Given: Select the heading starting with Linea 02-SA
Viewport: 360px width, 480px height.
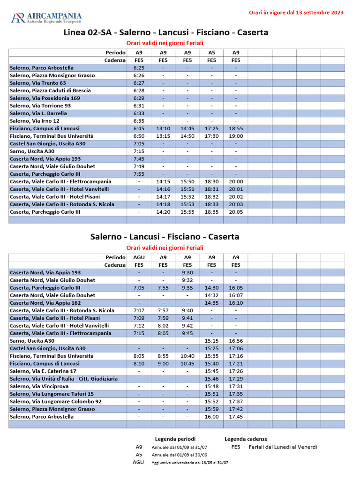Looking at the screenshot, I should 166,32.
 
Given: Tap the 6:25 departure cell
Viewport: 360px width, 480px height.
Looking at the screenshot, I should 139,68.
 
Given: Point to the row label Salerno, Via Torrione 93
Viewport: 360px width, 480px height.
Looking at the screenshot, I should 40,106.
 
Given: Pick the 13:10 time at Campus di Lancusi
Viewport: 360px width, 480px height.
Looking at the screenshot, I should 163,128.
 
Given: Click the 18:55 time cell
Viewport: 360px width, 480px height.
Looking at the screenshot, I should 236,128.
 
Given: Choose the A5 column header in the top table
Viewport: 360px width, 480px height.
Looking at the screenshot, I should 211,53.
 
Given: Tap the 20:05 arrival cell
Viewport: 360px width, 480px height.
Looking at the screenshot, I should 236,212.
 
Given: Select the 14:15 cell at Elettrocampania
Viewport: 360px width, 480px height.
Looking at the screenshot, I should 163,181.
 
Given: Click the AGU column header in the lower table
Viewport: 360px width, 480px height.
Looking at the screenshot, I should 139,257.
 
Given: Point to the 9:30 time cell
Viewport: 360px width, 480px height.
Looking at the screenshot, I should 187,272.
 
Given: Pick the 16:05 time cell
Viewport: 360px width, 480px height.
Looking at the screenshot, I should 236,288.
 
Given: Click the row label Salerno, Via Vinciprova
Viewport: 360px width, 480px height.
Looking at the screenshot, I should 36,386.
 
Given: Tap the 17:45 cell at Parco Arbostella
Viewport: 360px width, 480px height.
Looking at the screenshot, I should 236,417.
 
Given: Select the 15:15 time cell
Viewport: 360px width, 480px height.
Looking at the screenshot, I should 211,341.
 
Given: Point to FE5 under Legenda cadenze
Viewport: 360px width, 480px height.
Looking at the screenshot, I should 236,447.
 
